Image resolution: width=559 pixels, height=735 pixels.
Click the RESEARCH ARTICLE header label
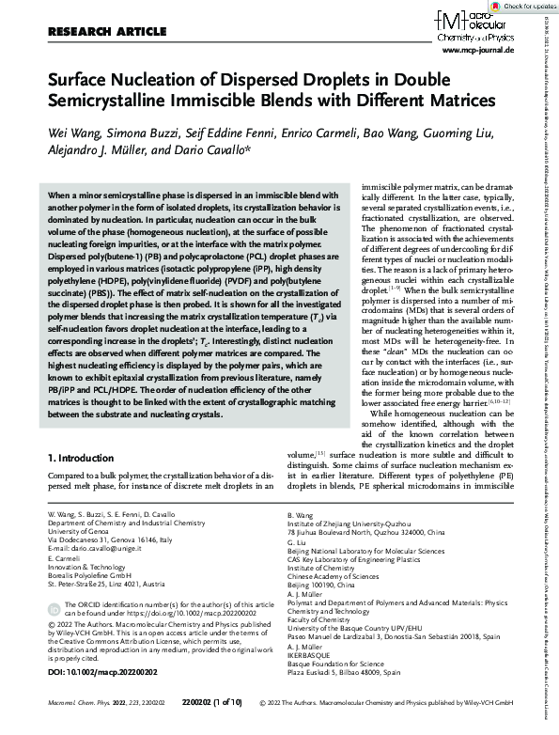(92, 32)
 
